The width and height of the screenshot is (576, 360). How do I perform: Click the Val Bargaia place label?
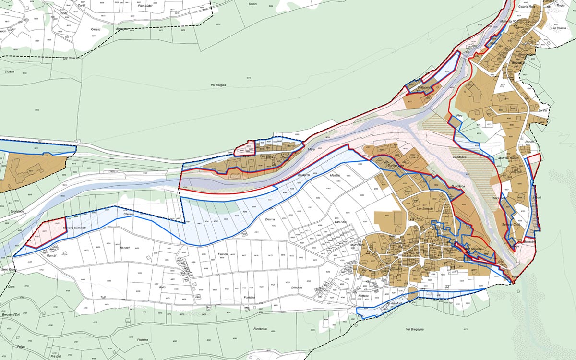[x=218, y=85]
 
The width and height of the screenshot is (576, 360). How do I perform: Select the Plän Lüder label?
[x=145, y=12]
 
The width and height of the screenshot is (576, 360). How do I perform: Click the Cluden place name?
[x=10, y=72]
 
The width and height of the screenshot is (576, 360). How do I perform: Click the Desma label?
[x=270, y=219]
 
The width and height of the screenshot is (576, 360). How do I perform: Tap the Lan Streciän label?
[x=425, y=209]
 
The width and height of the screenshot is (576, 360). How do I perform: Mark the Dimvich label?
[x=297, y=288]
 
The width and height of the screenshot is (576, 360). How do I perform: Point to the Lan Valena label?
[x=559, y=28]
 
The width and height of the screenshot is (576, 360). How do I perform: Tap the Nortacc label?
[x=363, y=296]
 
